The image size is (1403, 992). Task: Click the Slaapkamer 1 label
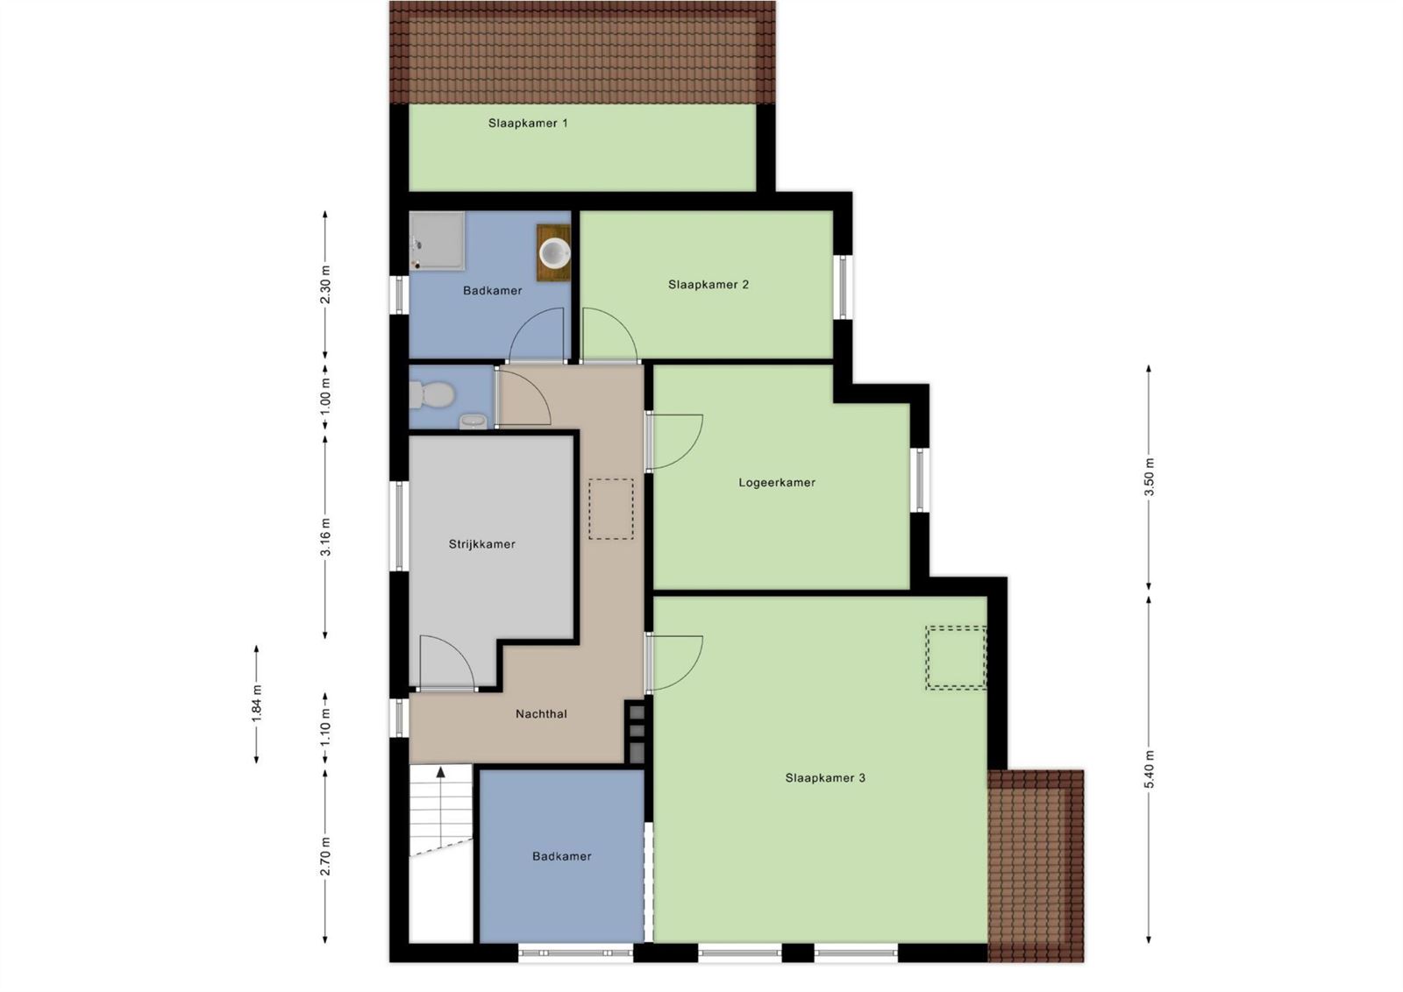[528, 124]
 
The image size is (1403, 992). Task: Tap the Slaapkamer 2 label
[709, 285]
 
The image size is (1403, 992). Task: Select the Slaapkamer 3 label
[825, 778]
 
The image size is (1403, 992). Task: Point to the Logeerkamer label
[777, 483]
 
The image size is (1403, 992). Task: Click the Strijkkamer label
[481, 544]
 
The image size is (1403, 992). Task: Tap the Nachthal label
[541, 713]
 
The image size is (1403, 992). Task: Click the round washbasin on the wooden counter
[555, 253]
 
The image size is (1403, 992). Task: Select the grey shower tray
[438, 241]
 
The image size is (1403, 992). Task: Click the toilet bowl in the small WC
[433, 394]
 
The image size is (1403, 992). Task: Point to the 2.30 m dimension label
[325, 285]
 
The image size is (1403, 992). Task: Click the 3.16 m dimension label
[325, 537]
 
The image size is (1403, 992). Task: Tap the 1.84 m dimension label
[256, 704]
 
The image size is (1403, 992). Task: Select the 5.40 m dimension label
[1149, 769]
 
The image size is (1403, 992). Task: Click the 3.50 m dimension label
[1149, 477]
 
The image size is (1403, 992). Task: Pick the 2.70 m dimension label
[325, 857]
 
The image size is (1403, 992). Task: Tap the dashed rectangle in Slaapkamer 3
[957, 658]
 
